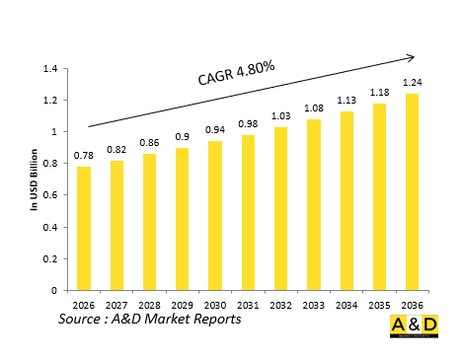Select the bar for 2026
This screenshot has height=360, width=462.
(84, 229)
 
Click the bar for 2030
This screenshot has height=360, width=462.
(215, 216)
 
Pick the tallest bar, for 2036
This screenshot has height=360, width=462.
(413, 192)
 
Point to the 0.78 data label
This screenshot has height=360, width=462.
(84, 157)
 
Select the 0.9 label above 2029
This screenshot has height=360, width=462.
(183, 138)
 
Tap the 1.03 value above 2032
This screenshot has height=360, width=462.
(281, 117)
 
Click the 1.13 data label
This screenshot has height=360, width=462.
(346, 102)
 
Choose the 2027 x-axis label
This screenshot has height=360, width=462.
(116, 305)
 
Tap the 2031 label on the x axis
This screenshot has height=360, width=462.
(248, 305)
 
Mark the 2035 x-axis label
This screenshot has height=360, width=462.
(380, 305)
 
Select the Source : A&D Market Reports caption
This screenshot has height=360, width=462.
(149, 321)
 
